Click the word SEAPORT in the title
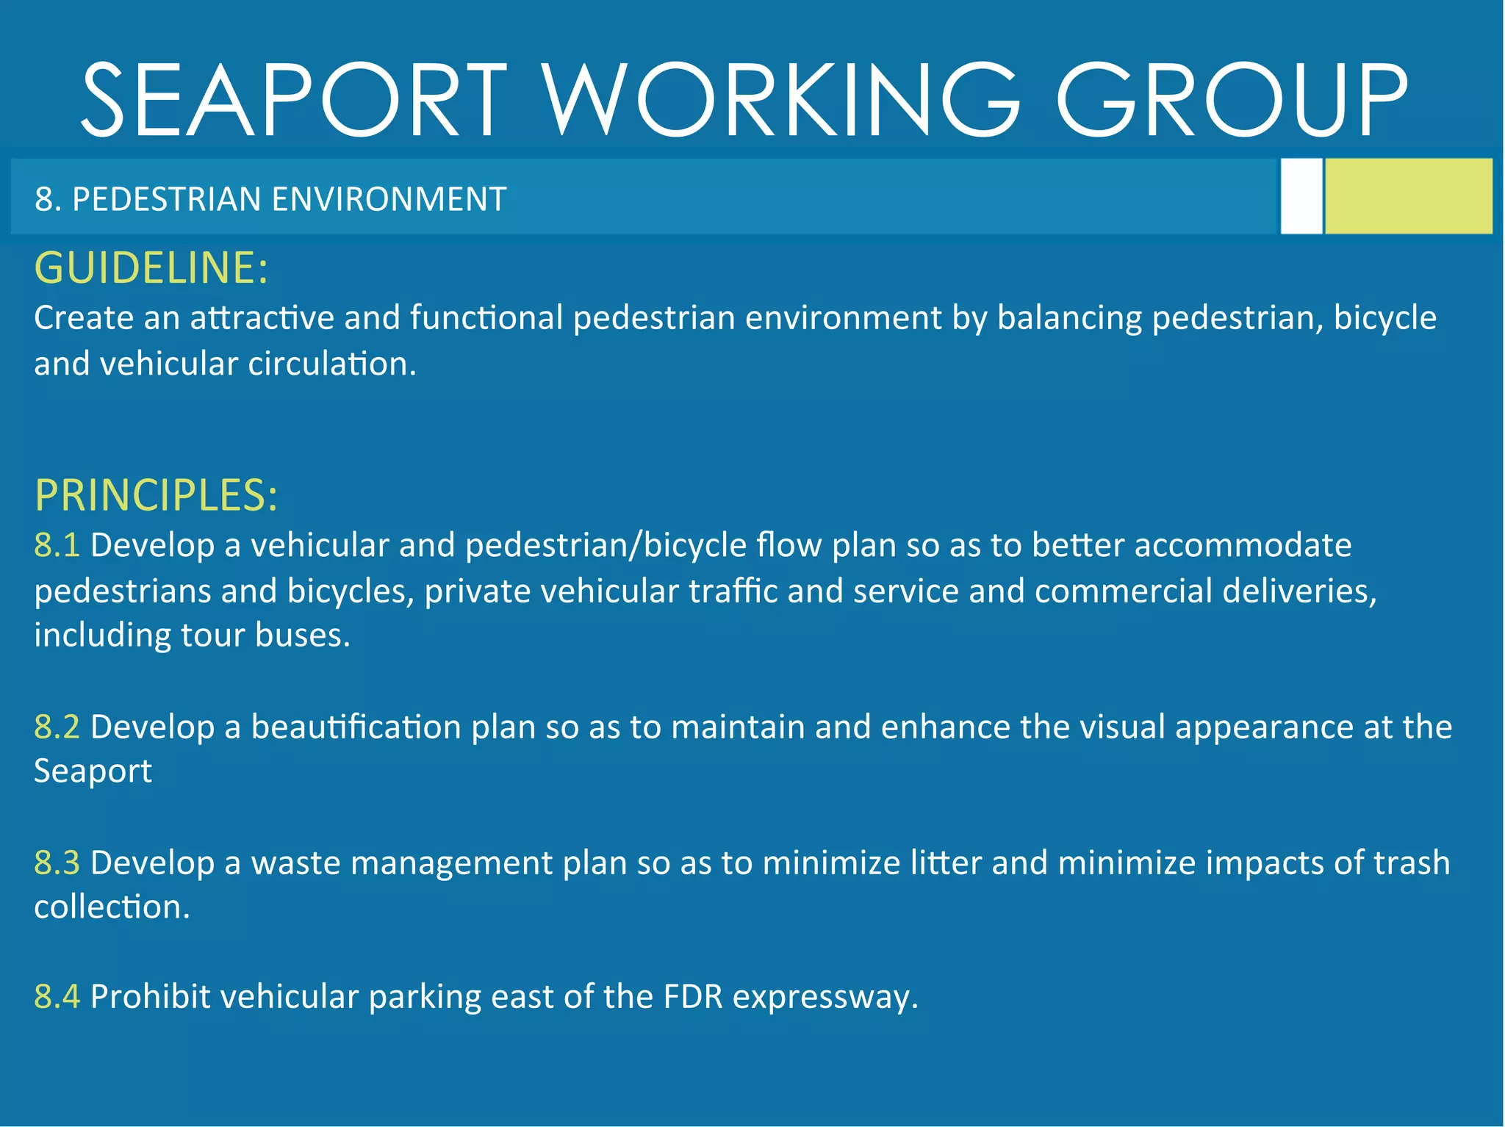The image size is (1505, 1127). [x=294, y=100]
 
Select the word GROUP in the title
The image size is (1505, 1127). [x=1232, y=100]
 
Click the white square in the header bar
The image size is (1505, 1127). [x=1301, y=196]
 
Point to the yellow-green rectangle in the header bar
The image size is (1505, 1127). [x=1408, y=196]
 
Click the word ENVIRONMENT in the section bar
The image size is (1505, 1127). [x=389, y=199]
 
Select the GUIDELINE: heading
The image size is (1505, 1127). [x=151, y=267]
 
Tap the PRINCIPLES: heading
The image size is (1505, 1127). [x=156, y=494]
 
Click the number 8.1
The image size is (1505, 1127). [x=57, y=545]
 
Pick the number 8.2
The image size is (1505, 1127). [x=57, y=727]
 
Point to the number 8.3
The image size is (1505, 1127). [x=57, y=863]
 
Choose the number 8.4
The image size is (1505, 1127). [x=57, y=997]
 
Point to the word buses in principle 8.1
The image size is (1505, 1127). [x=302, y=635]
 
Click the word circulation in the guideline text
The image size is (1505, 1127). [x=331, y=364]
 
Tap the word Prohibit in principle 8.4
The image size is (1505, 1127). [x=151, y=997]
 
